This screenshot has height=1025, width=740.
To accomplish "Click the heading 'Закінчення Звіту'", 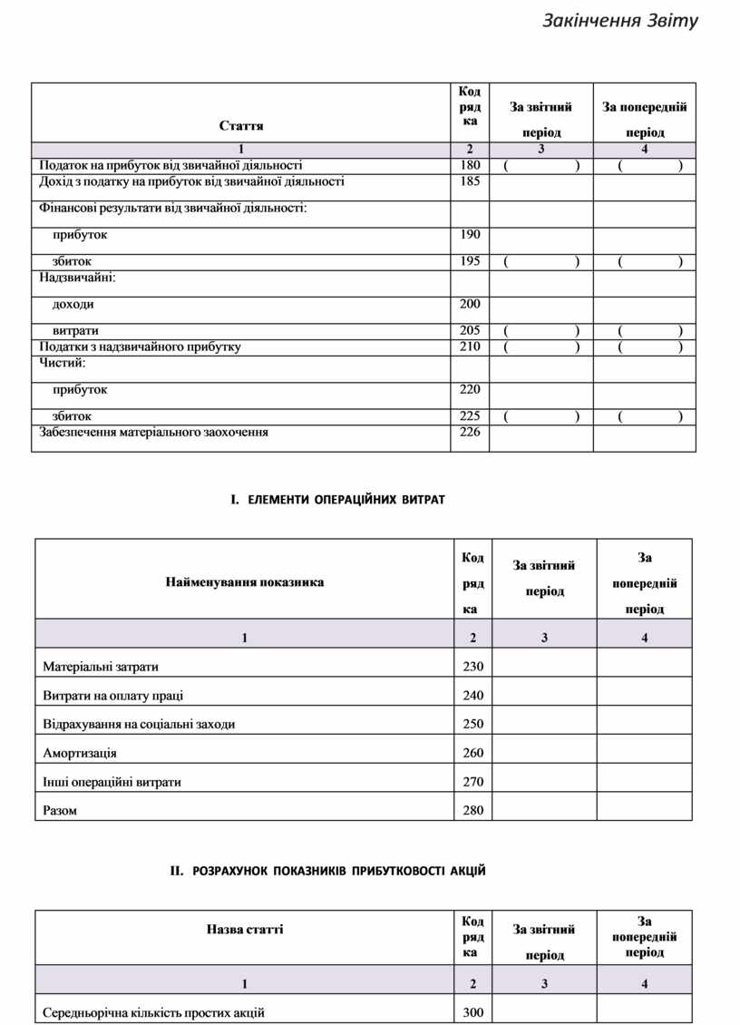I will (620, 20).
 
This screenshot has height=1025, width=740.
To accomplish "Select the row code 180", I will (470, 165).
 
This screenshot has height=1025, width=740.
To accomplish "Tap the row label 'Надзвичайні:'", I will (77, 278).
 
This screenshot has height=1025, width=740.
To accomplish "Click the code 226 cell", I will (470, 433).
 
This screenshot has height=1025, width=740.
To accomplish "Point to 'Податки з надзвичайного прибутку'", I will (140, 347).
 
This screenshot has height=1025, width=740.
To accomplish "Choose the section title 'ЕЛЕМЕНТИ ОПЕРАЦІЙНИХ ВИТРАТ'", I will (337, 500).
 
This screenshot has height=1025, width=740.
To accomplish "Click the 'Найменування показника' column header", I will (244, 582).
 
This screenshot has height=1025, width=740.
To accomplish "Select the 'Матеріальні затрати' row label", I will (101, 667).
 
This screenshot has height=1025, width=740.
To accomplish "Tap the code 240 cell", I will (472, 696).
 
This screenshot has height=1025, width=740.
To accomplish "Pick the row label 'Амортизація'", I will (80, 753).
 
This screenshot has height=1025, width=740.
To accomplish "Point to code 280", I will (472, 811).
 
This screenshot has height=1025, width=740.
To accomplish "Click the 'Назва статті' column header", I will (244, 930).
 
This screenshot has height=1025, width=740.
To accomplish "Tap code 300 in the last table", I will (472, 1012).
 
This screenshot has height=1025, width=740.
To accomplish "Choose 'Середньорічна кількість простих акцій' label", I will (153, 1012).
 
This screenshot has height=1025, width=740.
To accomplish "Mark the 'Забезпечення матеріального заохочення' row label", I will (153, 433).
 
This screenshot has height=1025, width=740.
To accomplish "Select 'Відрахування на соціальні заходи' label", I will (132, 724).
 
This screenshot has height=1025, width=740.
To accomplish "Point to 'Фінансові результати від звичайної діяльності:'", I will (172, 209).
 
